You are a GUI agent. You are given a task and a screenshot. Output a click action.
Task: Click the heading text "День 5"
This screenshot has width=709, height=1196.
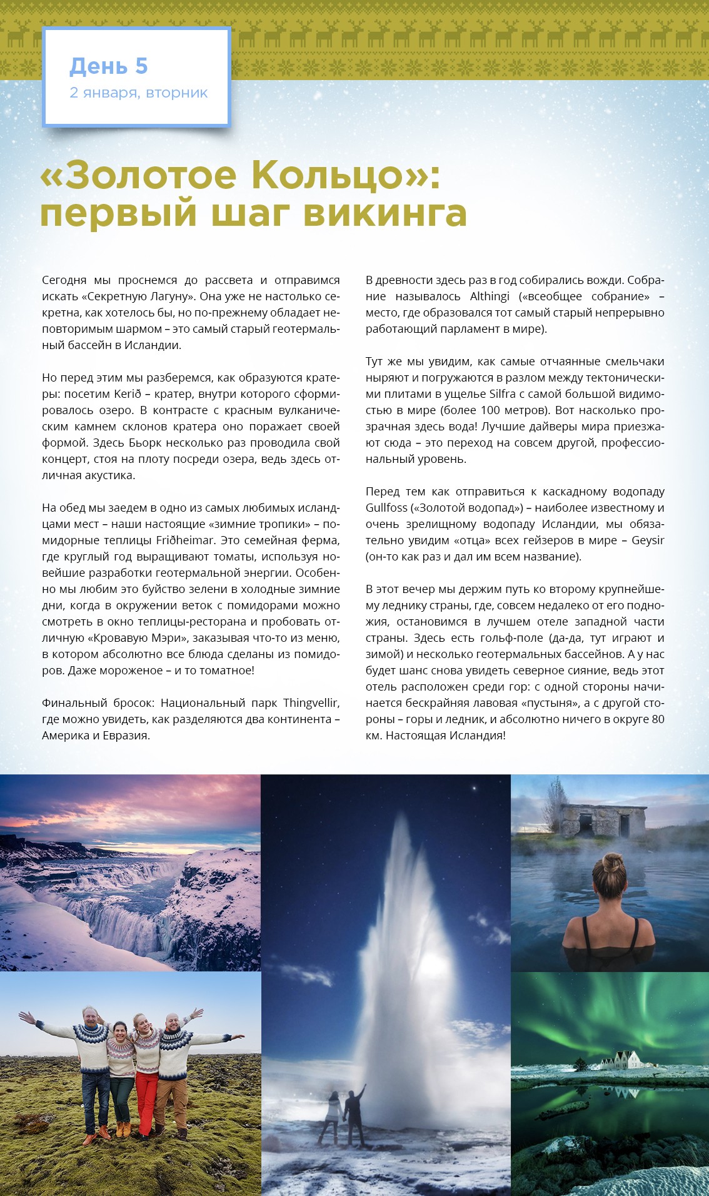108,66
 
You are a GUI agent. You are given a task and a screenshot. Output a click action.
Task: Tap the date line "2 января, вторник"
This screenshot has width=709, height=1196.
138,93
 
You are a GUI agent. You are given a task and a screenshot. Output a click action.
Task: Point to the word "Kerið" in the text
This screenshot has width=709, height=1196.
129,394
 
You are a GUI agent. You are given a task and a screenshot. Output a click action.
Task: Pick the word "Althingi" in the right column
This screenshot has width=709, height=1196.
490,296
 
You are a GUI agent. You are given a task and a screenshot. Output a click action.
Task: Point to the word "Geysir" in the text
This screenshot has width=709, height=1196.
648,540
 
